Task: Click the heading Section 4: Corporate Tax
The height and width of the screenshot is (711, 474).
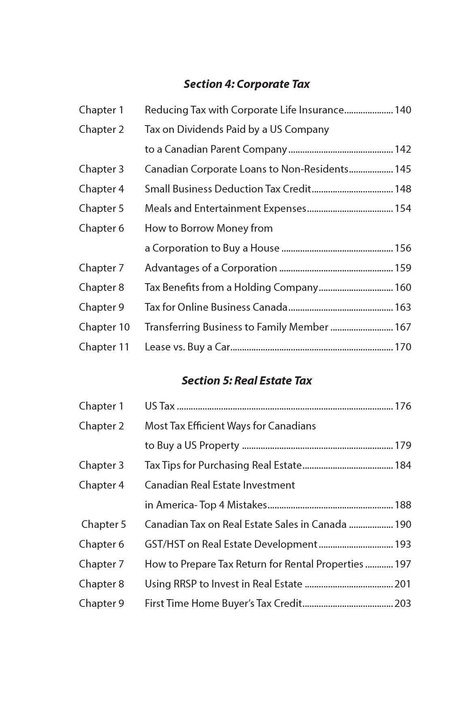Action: click(246, 84)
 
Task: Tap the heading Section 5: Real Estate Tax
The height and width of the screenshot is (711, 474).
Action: click(246, 381)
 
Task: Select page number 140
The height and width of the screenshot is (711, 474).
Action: click(403, 110)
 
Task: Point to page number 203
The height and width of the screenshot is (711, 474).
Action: click(403, 604)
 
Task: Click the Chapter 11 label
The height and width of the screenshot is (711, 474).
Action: click(104, 347)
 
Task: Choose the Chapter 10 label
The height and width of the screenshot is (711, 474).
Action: click(104, 327)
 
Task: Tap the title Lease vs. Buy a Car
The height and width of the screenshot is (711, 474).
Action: click(187, 347)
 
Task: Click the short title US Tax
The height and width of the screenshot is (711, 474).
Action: click(160, 406)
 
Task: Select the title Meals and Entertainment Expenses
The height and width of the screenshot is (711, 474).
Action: click(225, 209)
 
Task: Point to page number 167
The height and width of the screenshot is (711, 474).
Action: click(403, 327)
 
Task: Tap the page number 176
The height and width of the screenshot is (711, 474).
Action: click(403, 406)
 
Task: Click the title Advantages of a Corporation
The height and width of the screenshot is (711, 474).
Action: click(211, 268)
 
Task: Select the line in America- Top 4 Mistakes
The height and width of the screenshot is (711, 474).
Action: click(206, 505)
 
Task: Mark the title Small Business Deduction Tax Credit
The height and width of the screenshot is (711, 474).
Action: click(228, 189)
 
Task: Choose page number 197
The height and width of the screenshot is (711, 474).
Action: click(403, 564)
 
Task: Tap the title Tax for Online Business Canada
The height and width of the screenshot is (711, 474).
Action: click(216, 307)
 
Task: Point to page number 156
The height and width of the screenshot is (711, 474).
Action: click(403, 248)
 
